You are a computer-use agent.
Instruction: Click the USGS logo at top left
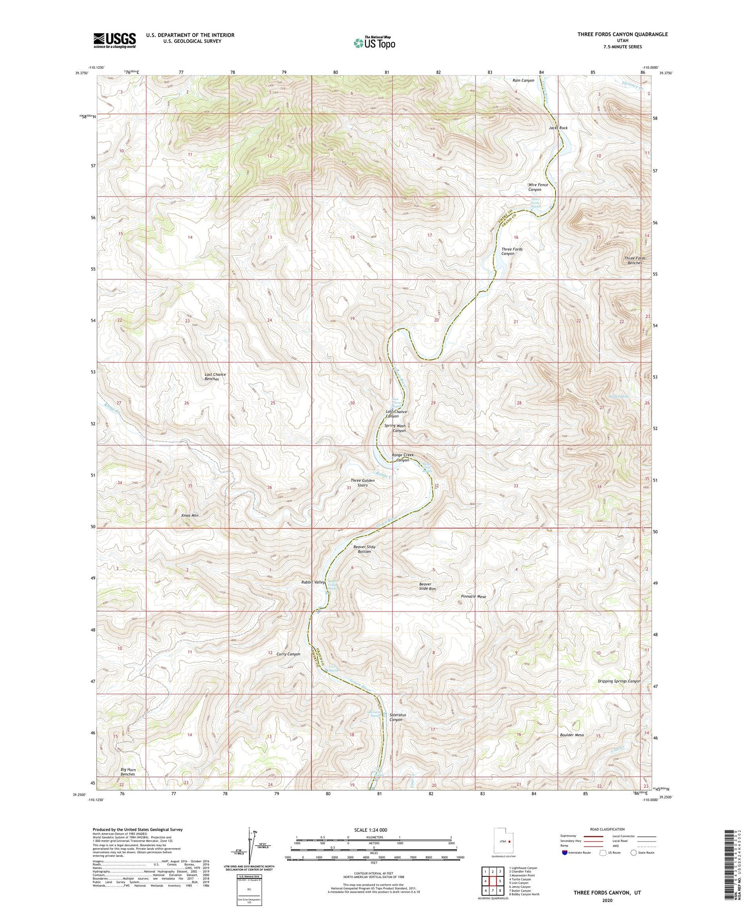click(114, 40)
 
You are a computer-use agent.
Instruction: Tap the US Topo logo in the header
click(374, 43)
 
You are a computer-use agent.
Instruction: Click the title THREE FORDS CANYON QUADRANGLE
click(622, 34)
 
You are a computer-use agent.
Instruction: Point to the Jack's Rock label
click(558, 128)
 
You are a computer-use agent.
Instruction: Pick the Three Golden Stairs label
click(362, 483)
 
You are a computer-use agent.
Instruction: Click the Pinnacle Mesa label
click(473, 596)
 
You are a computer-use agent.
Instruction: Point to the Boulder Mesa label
click(571, 735)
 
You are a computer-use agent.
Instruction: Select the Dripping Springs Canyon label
click(619, 681)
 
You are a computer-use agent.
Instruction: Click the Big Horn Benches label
click(128, 772)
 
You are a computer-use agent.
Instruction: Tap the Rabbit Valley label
click(313, 582)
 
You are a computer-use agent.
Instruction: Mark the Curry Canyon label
click(288, 654)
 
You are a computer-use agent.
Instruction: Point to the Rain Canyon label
click(523, 80)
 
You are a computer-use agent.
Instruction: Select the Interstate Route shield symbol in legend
click(565, 853)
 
